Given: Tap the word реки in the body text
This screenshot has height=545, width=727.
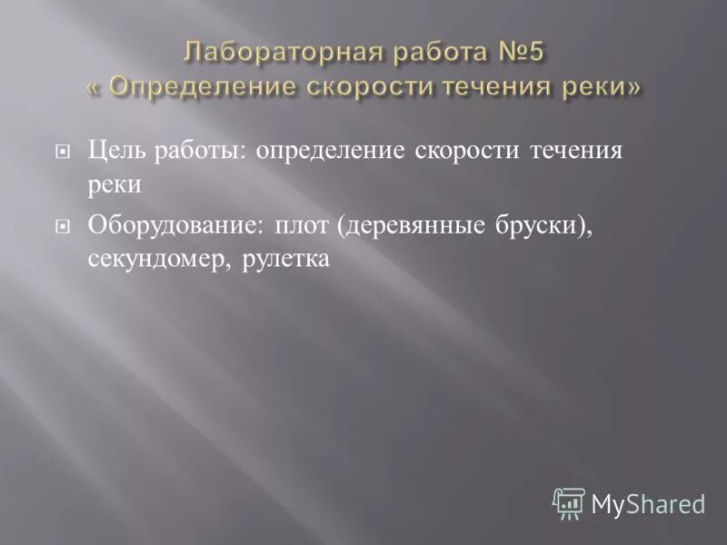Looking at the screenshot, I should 115,183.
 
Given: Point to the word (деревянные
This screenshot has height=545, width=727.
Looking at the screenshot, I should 406,226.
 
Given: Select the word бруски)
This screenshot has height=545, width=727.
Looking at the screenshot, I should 537,226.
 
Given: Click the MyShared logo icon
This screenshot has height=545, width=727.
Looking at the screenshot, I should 569,501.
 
